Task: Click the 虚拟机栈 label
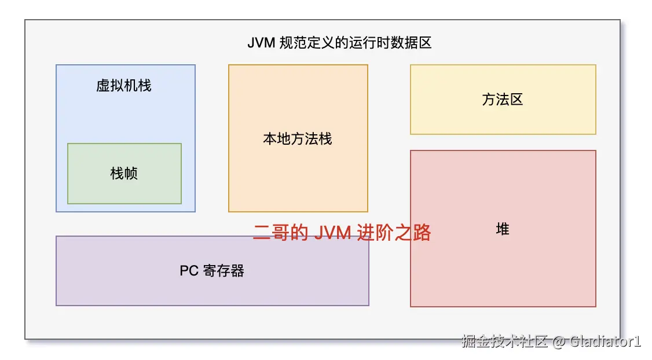pyautogui.click(x=124, y=86)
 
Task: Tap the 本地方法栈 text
pyautogui.click(x=298, y=139)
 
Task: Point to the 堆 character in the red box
pyautogui.click(x=503, y=229)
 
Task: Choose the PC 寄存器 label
pyautogui.click(x=212, y=271)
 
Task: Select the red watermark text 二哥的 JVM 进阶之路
pyautogui.click(x=342, y=233)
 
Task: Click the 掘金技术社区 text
pyautogui.click(x=504, y=341)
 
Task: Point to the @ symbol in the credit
pyautogui.click(x=558, y=341)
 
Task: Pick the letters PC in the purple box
pyautogui.click(x=189, y=271)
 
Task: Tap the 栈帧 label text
pyautogui.click(x=124, y=173)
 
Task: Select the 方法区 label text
pyautogui.click(x=503, y=100)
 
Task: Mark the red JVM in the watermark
pyautogui.click(x=332, y=233)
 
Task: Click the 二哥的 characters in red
pyautogui.click(x=280, y=233)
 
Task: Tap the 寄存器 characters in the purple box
pyautogui.click(x=224, y=271)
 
